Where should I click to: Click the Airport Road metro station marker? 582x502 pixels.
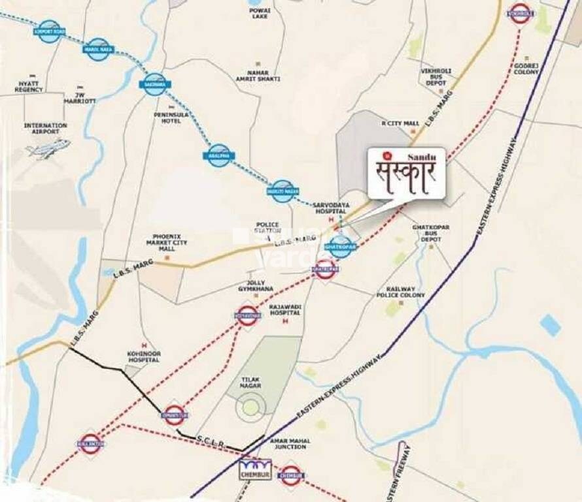click(50, 31)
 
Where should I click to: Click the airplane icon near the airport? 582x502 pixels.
click(47, 149)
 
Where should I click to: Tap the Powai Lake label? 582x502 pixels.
click(259, 13)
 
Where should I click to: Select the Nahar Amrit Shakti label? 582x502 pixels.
click(260, 75)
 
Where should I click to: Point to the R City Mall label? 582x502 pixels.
click(400, 123)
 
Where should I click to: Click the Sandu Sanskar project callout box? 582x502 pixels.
click(406, 173)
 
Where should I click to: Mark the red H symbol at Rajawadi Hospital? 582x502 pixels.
click(298, 313)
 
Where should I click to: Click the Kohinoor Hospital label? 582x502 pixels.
click(143, 356)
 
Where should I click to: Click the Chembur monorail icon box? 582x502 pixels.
click(255, 469)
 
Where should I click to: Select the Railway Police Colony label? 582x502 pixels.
click(401, 292)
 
